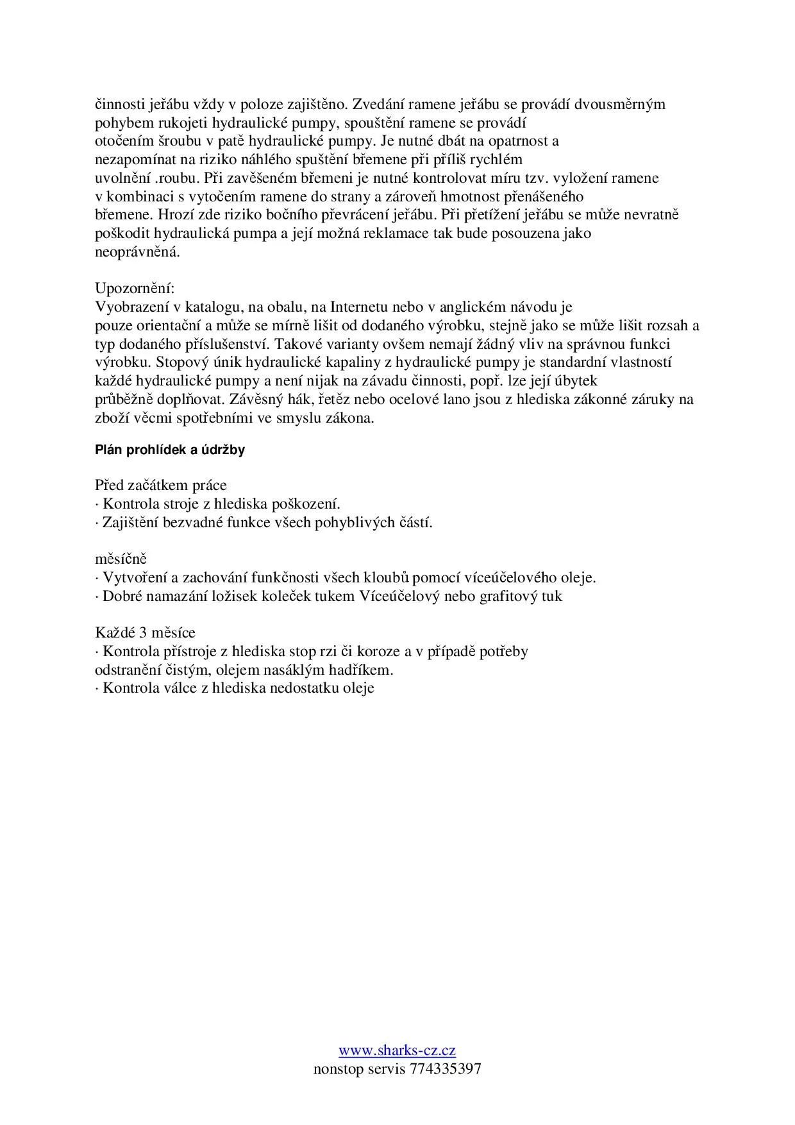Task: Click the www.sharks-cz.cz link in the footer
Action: click(x=397, y=1050)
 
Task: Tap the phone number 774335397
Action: click(x=444, y=1069)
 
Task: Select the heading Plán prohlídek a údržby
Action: click(x=170, y=450)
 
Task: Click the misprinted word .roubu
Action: click(x=176, y=178)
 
